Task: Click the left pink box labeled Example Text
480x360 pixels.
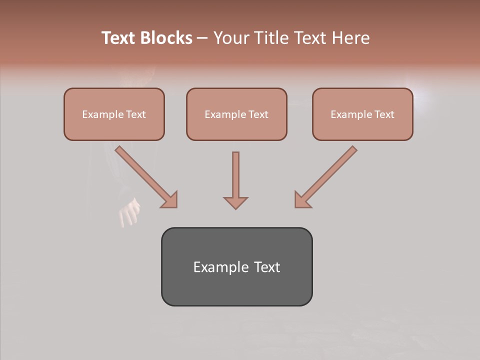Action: coord(114,114)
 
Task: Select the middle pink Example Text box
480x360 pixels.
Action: coord(236,114)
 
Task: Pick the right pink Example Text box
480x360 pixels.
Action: coord(362,114)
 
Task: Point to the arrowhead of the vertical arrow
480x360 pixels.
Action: coord(235,202)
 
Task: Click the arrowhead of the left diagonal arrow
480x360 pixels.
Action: coord(169,199)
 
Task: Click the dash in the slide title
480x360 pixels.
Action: coord(203,38)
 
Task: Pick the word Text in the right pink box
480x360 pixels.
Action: coord(384,114)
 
